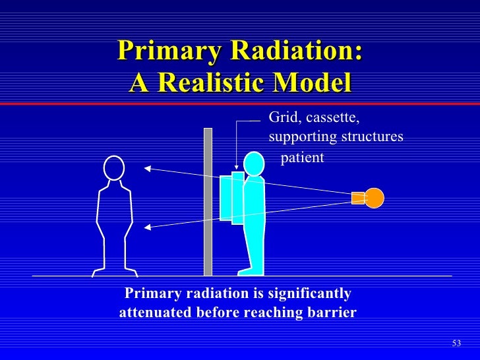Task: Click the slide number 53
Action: pos(456,343)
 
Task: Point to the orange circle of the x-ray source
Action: pos(374,198)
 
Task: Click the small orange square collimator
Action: pos(358,198)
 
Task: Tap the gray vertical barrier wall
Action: pos(208,201)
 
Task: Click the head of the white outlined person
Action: pos(114,168)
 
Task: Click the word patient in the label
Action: pos(303,158)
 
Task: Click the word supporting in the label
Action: pos(303,137)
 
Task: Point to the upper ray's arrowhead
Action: pos(148,168)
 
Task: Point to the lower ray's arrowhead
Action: pos(148,227)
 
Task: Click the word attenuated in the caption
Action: pos(156,312)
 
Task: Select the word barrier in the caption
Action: pos(332,312)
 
